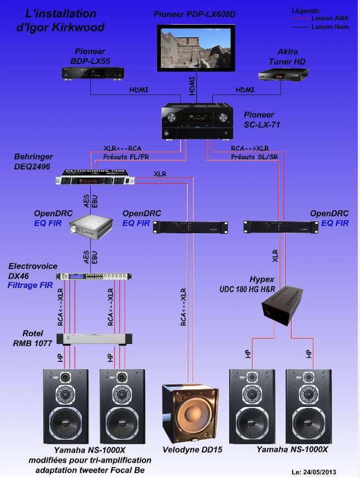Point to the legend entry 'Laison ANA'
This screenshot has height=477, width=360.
(330, 18)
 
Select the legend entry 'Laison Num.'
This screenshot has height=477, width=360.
(330, 26)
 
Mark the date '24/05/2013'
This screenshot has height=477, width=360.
(324, 472)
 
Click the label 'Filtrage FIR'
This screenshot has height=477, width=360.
(30, 285)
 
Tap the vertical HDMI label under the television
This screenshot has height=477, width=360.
(191, 85)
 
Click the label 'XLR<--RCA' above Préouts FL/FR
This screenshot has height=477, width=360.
(123, 148)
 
